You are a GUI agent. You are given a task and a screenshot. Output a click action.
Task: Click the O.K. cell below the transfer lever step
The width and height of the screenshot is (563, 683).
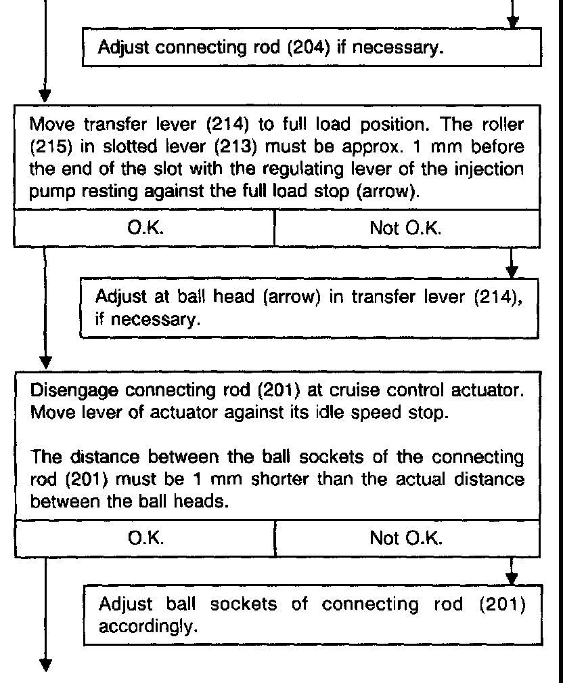click(x=144, y=229)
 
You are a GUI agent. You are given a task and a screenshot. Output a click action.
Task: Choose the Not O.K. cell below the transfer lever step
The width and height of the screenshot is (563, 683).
click(x=406, y=229)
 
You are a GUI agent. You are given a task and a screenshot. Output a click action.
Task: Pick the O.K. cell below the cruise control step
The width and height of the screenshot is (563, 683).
click(x=144, y=539)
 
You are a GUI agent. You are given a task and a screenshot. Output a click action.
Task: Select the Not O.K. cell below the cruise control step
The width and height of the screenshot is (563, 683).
click(x=406, y=539)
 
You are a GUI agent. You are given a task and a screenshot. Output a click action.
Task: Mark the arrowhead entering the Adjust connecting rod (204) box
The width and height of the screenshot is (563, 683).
click(x=513, y=23)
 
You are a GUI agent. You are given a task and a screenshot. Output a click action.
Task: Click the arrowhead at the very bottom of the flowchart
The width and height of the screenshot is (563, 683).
click(x=45, y=665)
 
